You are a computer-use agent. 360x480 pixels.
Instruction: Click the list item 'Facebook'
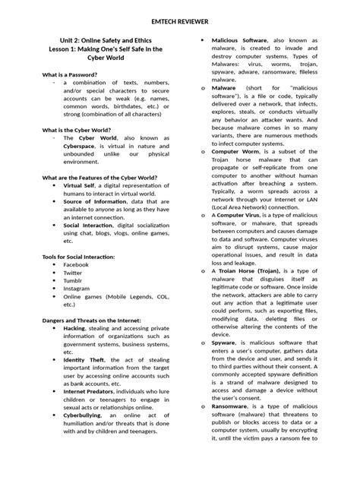tap(77, 264)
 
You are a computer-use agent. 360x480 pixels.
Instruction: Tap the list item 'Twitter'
tap(73, 273)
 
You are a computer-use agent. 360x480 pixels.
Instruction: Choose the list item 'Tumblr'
tap(73, 281)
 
